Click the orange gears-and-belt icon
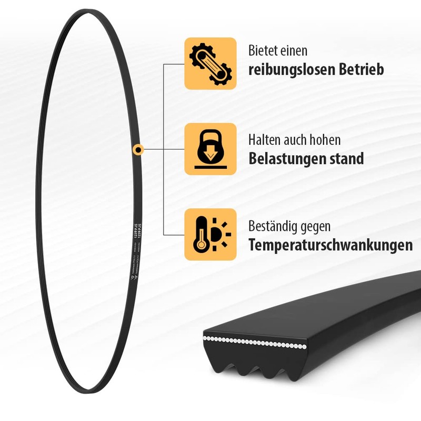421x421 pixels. tap(210, 63)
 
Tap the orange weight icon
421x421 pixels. tap(210, 149)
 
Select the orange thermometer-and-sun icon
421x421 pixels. tap(210, 234)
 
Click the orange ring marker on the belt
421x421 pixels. tap(138, 149)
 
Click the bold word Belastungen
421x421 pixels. tap(289, 158)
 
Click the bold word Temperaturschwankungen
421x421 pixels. tap(330, 245)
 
